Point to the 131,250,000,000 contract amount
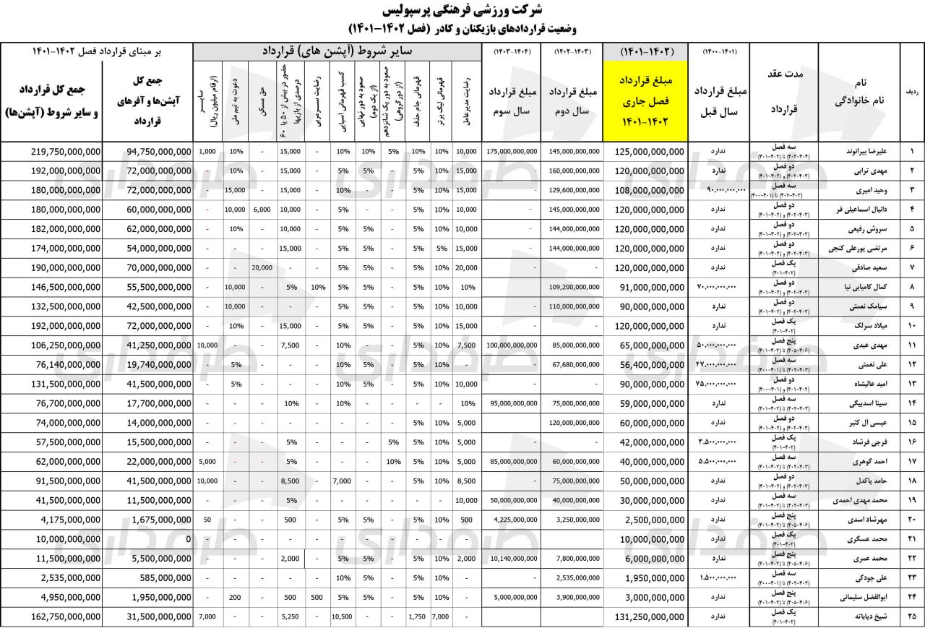click(650, 616)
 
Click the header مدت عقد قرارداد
click(783, 92)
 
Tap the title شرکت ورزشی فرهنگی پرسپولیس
click(462, 12)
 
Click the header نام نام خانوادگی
click(859, 92)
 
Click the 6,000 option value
click(261, 210)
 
